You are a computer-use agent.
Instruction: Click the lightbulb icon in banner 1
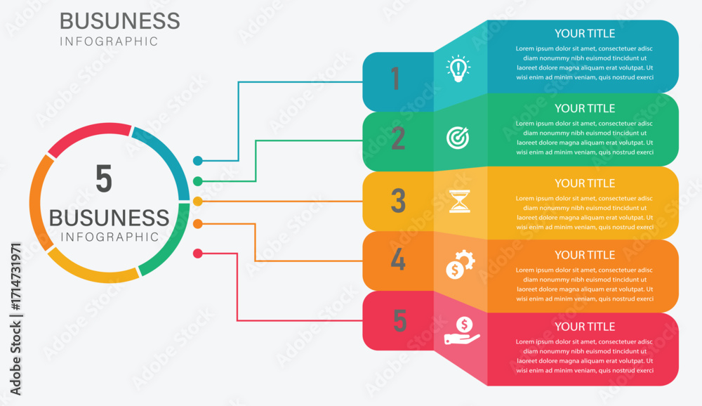pos(458,69)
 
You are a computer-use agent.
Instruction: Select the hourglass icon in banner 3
pos(460,201)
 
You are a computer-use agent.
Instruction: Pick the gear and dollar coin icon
pos(461,264)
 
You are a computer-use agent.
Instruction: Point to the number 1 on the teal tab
pos(395,79)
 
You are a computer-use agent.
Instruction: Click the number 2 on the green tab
pos(398,139)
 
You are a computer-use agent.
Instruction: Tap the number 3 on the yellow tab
pos(398,202)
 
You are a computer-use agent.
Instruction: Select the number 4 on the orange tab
pos(398,261)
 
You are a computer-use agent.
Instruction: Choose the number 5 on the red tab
pos(399,321)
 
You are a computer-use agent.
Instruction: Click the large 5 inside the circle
pos(104,179)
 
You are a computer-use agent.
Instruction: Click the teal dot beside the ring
pos(198,161)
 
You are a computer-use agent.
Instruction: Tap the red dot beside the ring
pos(198,253)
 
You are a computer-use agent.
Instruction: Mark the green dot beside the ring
pos(198,181)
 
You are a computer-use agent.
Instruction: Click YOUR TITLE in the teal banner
pos(584,33)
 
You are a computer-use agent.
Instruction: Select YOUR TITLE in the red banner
pos(584,327)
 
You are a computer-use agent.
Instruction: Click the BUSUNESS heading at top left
pos(119,20)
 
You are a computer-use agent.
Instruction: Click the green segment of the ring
pos(168,246)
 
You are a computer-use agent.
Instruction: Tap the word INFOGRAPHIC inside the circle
pos(110,237)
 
